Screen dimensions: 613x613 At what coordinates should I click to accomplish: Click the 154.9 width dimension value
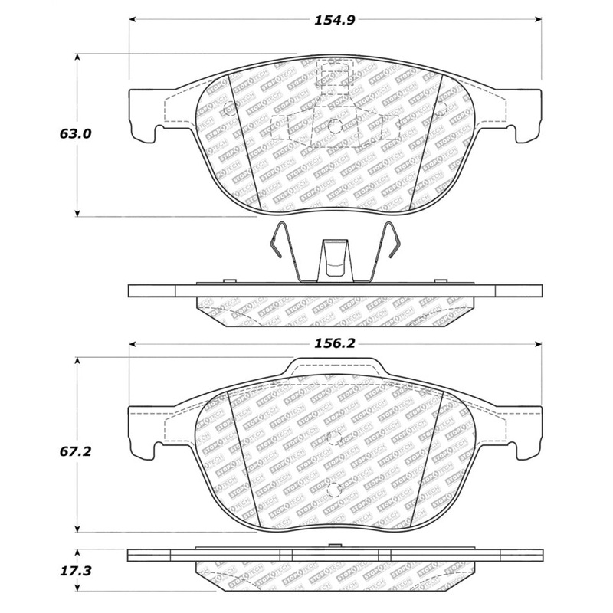[x=335, y=20]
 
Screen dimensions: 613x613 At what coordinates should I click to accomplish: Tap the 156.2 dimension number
[x=335, y=345]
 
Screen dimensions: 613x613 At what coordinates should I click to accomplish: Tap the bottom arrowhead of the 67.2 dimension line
[x=77, y=529]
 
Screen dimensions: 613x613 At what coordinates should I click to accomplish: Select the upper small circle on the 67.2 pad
[x=333, y=438]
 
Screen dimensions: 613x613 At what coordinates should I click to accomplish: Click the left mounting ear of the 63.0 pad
[x=146, y=115]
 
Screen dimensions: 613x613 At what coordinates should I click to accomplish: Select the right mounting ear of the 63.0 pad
[x=525, y=115]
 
